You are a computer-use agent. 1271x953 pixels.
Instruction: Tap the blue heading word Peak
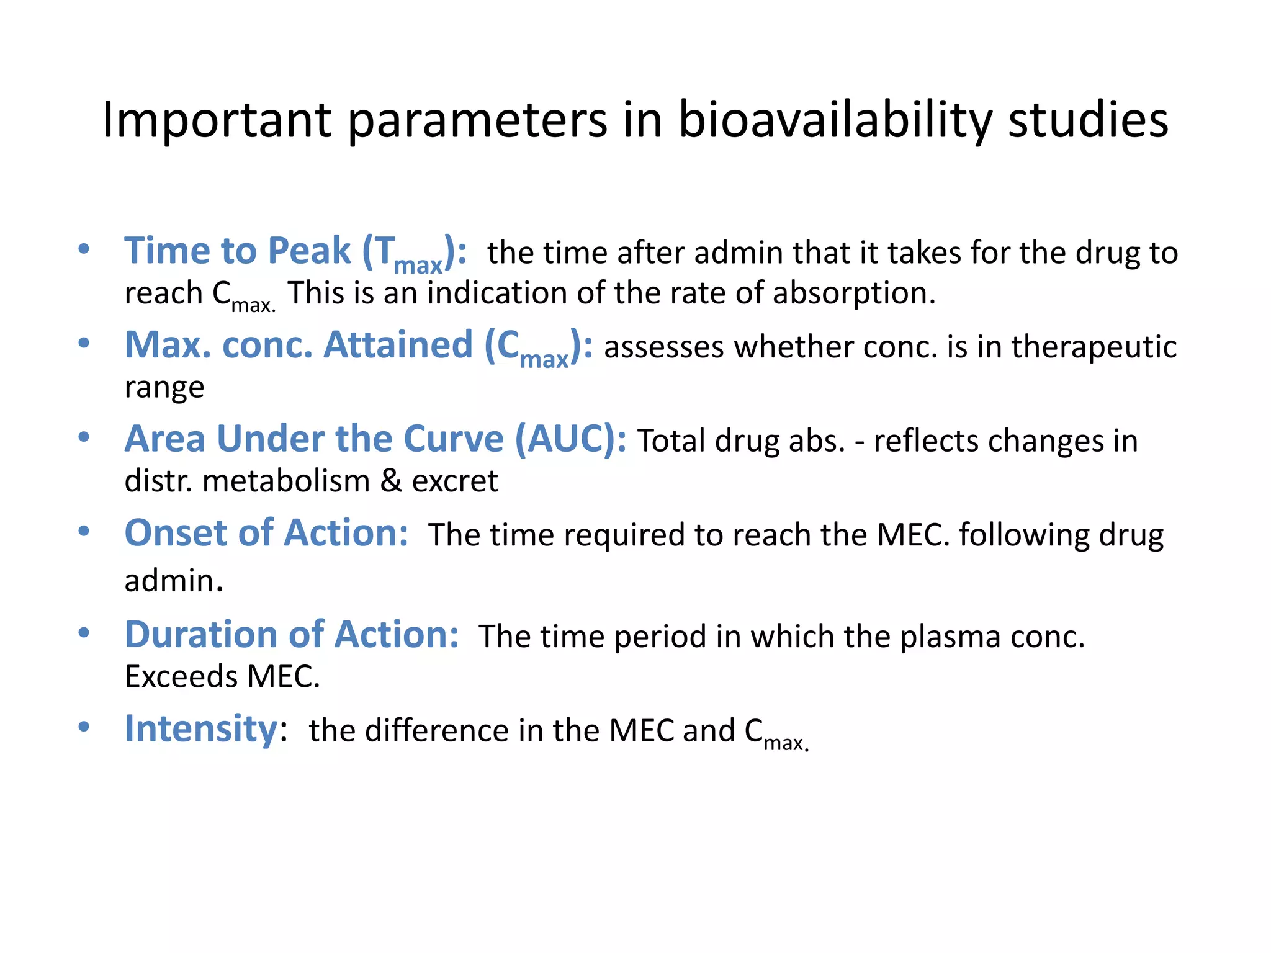pos(310,251)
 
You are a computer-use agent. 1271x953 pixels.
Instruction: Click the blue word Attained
pos(398,345)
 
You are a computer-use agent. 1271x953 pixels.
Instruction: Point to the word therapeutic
pos(1094,347)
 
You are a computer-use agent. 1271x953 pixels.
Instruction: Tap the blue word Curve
pos(454,439)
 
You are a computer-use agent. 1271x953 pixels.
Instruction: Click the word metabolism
pos(286,481)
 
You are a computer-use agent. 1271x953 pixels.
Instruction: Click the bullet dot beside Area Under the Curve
pos(84,437)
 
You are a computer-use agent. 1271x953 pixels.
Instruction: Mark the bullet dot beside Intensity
pos(84,727)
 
